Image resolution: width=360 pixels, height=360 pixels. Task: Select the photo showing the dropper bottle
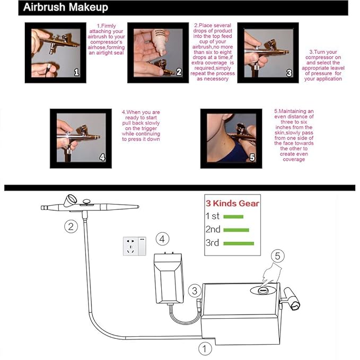tap(157, 52)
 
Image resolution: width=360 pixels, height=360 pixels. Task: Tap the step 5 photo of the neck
tap(230, 136)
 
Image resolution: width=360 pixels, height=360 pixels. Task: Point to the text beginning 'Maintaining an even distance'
tap(294, 135)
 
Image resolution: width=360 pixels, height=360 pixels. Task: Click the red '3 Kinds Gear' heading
tap(232, 204)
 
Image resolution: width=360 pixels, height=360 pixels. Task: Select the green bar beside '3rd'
tap(239, 243)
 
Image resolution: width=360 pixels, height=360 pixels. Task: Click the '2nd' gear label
tap(213, 230)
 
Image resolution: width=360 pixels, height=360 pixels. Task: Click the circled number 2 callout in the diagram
tap(71, 227)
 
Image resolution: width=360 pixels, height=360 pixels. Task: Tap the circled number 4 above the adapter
tap(164, 240)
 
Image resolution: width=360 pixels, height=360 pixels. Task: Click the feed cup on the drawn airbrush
tap(69, 200)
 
